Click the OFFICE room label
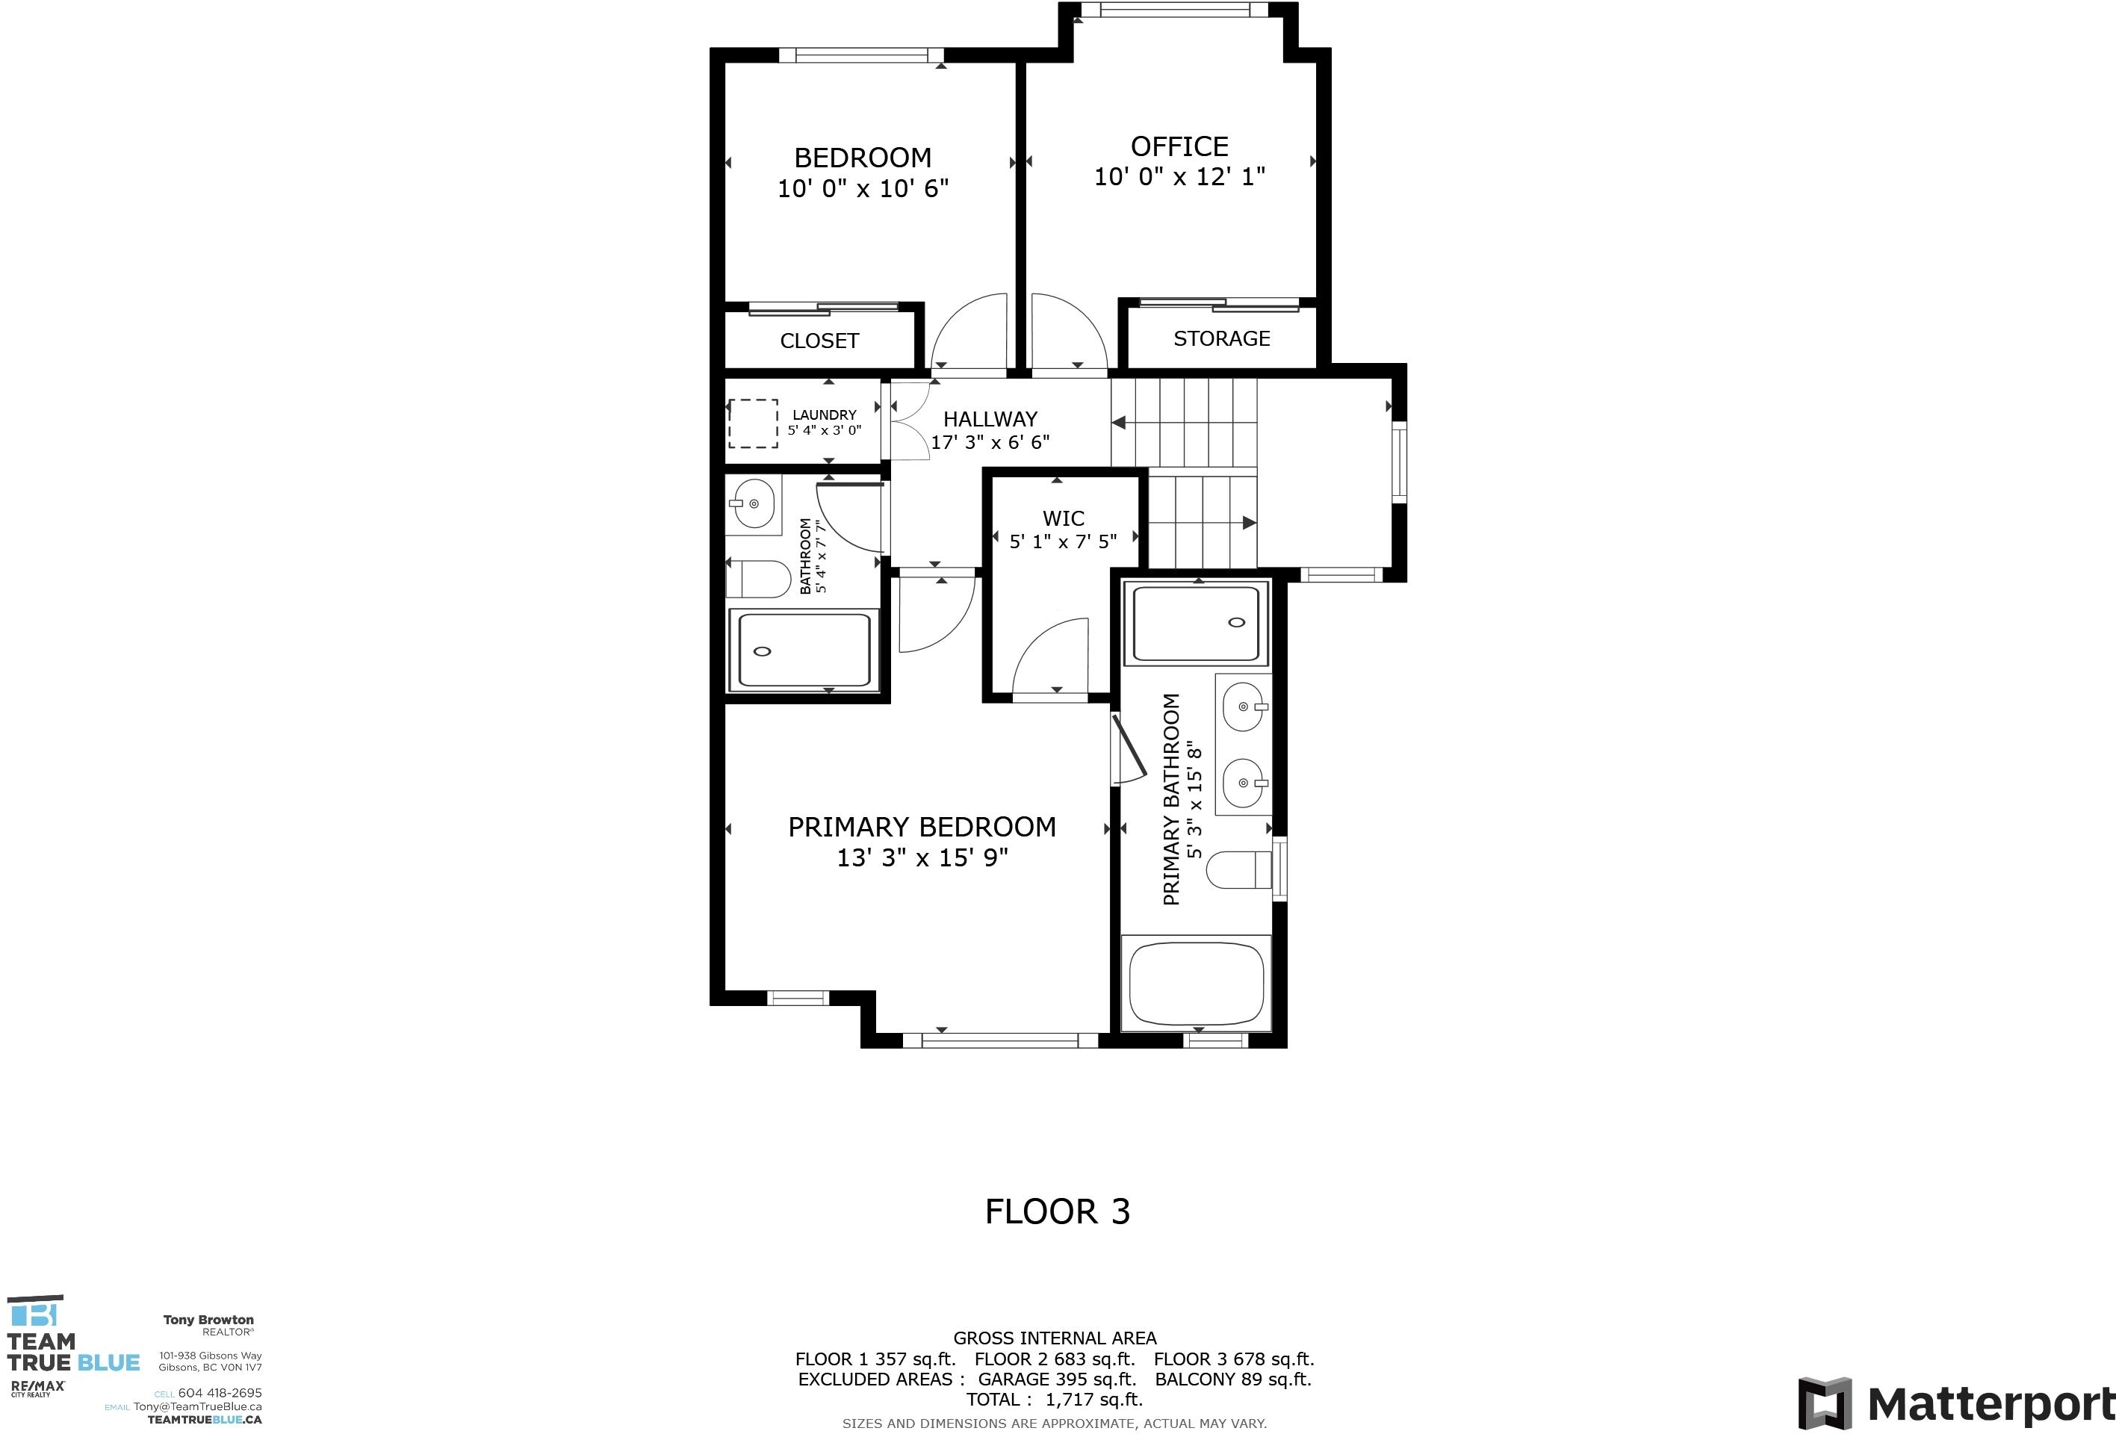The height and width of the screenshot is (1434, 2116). coord(1179,146)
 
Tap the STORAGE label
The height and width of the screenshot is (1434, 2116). coord(1221,338)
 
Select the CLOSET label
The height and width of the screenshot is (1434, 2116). coord(819,341)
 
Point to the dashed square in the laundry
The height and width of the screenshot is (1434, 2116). coord(753,423)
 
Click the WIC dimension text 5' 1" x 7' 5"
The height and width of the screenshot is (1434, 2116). coord(1063,541)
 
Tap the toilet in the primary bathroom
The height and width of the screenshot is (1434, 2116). coord(1239,869)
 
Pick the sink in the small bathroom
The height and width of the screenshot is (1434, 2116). coord(753,503)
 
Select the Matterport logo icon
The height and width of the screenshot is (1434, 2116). coord(1825,1403)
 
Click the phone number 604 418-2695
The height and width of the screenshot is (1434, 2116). coord(220,1392)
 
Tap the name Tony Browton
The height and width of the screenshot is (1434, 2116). coord(208,1319)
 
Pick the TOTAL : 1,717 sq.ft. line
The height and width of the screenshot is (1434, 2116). coord(1055,1400)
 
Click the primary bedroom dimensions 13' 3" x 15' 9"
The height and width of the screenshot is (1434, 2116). coord(922,857)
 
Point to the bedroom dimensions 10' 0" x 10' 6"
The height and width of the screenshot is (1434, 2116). coord(863,188)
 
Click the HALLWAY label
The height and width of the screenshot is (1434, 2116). coord(990,420)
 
